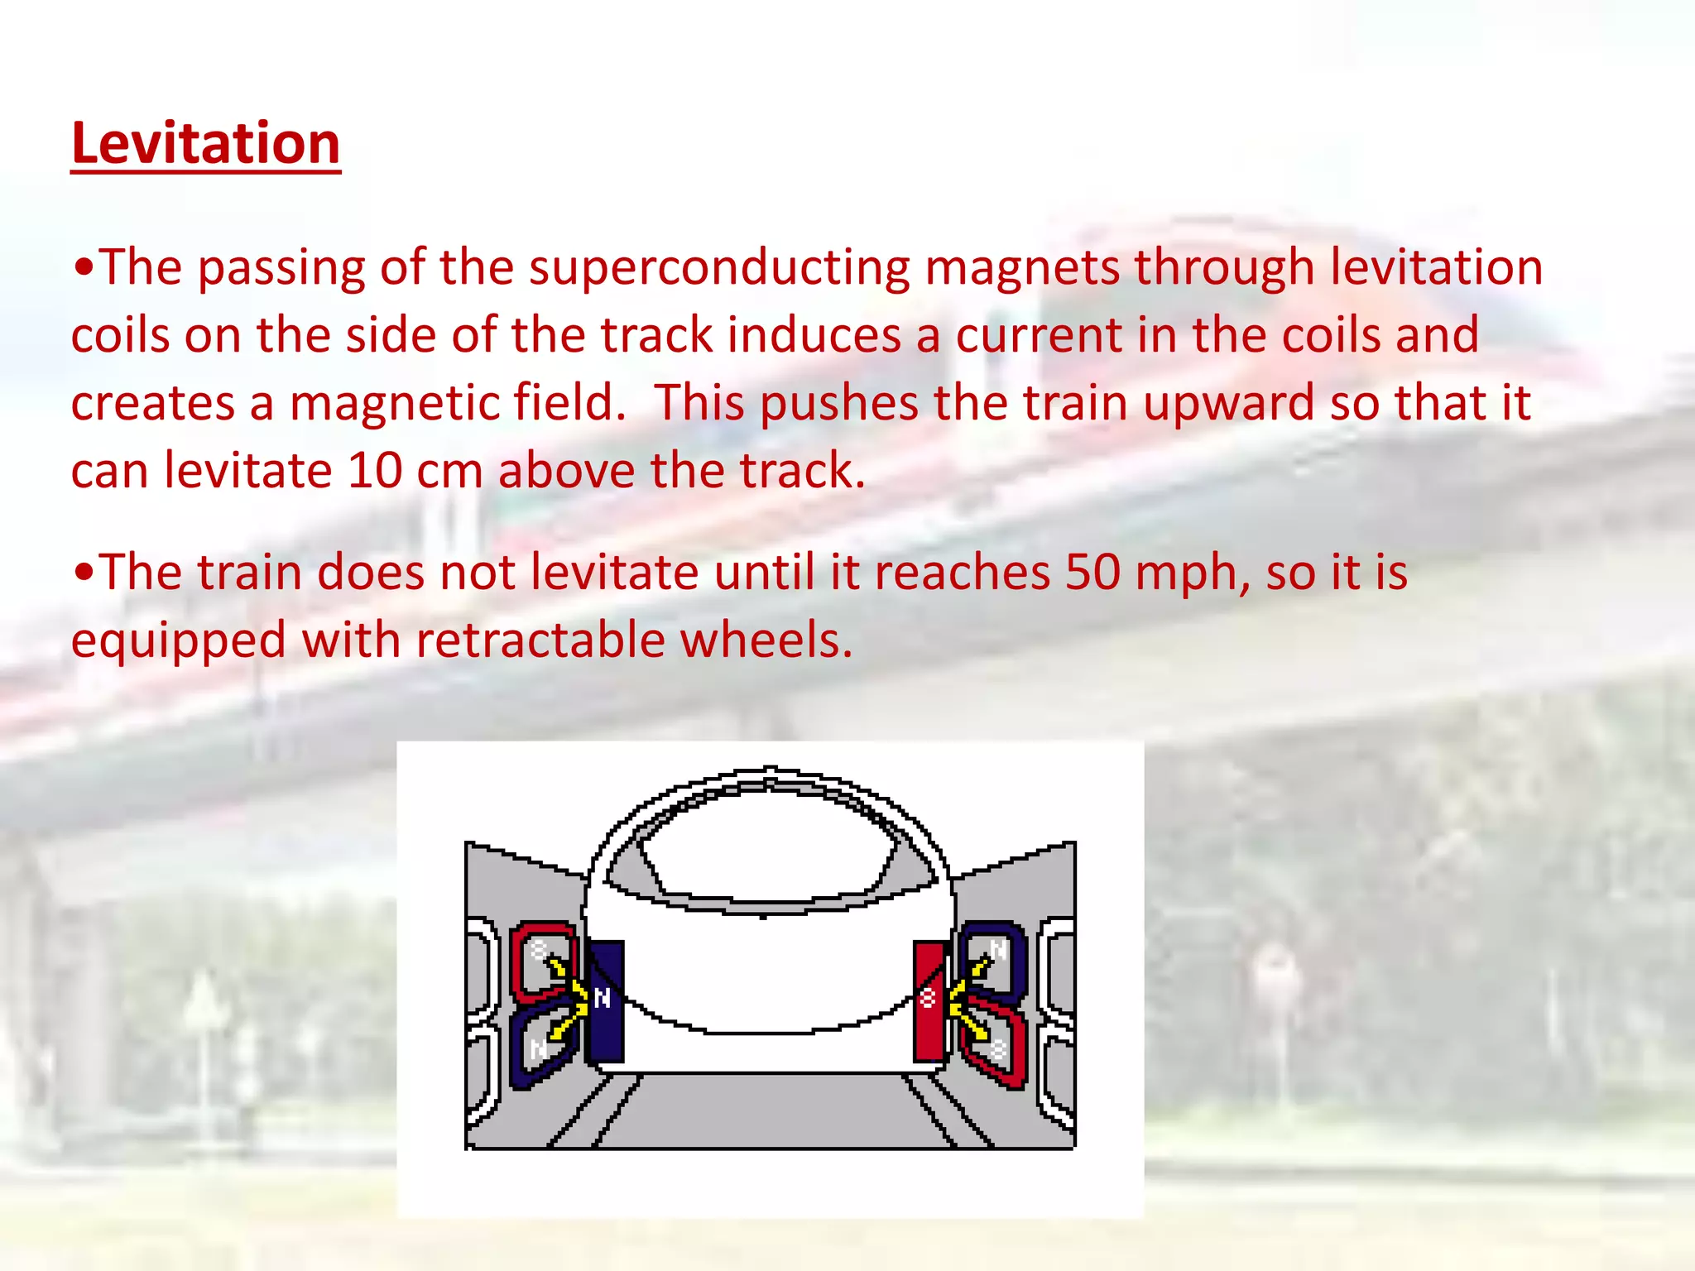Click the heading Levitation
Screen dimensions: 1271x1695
point(205,143)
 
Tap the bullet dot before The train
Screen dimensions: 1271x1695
point(83,573)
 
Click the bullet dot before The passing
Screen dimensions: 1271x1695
point(83,268)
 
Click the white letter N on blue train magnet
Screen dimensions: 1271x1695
point(603,999)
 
